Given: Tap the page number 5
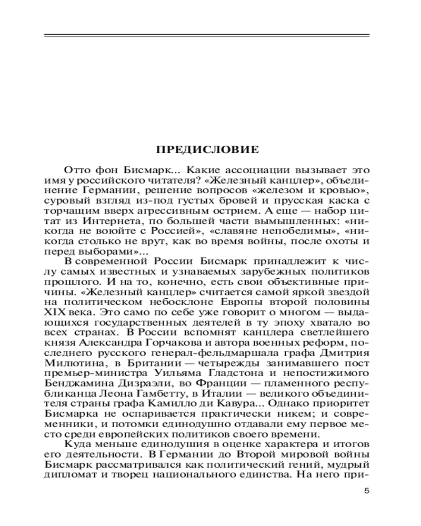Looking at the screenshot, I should click(367, 492).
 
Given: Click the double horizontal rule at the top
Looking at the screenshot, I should click(206, 36).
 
